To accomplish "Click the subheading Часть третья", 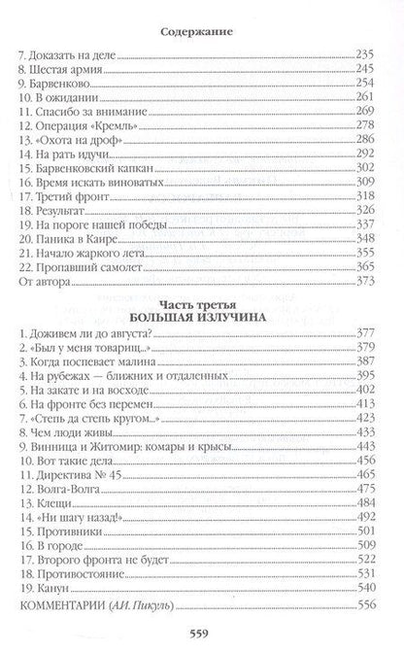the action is pos(201,382).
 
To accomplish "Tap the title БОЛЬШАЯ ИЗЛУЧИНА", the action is pos(201,397).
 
